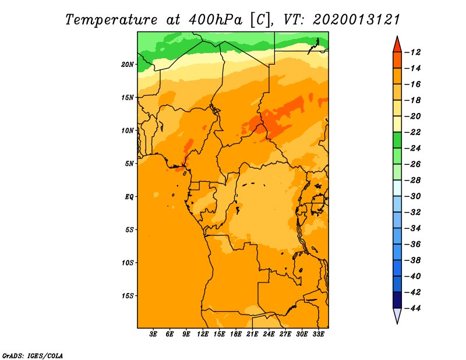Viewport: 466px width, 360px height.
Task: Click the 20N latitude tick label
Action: point(128,65)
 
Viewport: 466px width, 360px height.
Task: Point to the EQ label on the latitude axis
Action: point(129,197)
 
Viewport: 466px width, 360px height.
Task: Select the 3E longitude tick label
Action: point(153,334)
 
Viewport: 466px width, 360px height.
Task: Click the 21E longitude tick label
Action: point(252,334)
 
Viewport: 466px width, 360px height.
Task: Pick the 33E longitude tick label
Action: point(318,334)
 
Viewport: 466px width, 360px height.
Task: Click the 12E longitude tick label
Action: point(203,334)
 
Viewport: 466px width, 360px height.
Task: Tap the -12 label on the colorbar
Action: point(412,52)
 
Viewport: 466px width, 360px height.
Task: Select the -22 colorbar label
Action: point(412,132)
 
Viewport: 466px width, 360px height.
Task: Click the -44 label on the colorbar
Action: point(412,308)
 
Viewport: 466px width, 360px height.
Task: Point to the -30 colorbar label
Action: point(412,196)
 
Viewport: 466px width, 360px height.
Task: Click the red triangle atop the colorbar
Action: point(397,45)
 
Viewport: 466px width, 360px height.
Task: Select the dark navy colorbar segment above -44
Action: point(397,300)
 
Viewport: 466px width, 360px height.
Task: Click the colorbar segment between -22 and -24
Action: point(397,140)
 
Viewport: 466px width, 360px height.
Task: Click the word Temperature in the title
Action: point(111,20)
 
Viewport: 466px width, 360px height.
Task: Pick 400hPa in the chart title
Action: point(216,20)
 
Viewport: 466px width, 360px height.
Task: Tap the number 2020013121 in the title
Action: point(356,20)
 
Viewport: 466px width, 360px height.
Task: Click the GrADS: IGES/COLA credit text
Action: point(33,356)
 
